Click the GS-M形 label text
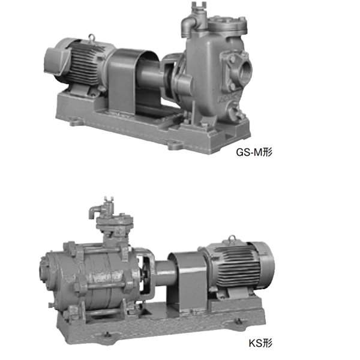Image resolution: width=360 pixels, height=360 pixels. tap(254, 152)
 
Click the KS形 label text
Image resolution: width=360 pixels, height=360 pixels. tap(260, 343)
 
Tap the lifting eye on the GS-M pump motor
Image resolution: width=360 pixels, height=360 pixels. tap(92, 37)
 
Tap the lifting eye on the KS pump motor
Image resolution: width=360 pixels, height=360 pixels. tap(232, 239)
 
